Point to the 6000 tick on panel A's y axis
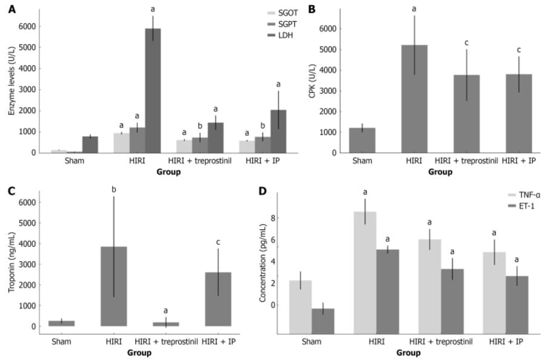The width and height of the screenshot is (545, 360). click(27, 26)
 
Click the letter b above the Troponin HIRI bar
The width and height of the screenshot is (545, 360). click(114, 190)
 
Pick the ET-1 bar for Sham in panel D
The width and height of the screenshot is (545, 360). click(323, 321)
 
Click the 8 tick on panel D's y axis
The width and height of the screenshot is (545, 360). click(272, 218)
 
